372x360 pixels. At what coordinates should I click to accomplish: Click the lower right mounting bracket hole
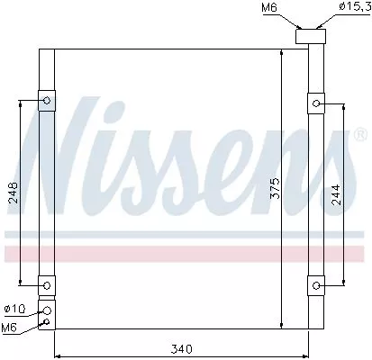(316, 285)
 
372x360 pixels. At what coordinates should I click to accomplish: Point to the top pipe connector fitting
(313, 36)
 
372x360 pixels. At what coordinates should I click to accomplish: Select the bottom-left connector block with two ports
(46, 314)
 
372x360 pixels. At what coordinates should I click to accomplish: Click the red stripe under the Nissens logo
(180, 254)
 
